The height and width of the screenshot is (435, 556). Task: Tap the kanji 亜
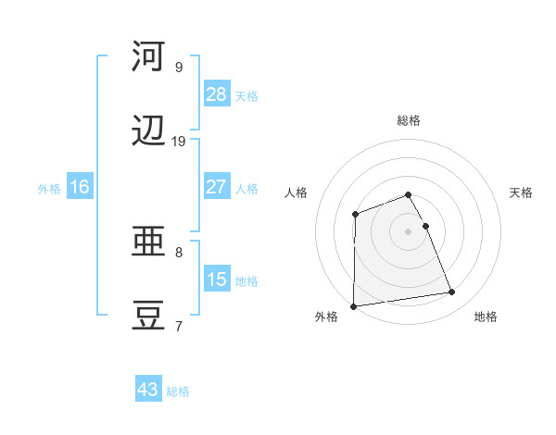click(148, 242)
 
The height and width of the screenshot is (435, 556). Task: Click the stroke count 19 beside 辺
click(179, 142)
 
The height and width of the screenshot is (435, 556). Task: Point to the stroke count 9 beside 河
click(179, 67)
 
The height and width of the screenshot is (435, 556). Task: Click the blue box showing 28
click(217, 94)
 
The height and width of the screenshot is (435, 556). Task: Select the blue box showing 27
click(217, 187)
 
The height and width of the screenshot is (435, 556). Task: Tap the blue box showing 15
click(217, 280)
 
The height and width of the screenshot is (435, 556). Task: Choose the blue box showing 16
click(80, 187)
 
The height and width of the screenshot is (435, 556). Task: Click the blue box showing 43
click(148, 390)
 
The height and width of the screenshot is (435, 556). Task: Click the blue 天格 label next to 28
click(246, 96)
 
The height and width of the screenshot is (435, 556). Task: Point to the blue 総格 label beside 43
click(179, 391)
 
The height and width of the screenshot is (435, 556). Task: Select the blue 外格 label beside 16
click(49, 189)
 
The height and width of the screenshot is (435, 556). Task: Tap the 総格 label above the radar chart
click(409, 120)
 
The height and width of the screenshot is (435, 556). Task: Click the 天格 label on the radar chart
click(522, 193)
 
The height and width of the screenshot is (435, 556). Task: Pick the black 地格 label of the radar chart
click(486, 317)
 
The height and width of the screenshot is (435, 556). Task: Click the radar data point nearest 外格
click(354, 305)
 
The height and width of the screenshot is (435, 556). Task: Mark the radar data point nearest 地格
click(452, 292)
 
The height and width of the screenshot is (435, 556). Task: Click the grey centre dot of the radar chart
click(409, 230)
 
